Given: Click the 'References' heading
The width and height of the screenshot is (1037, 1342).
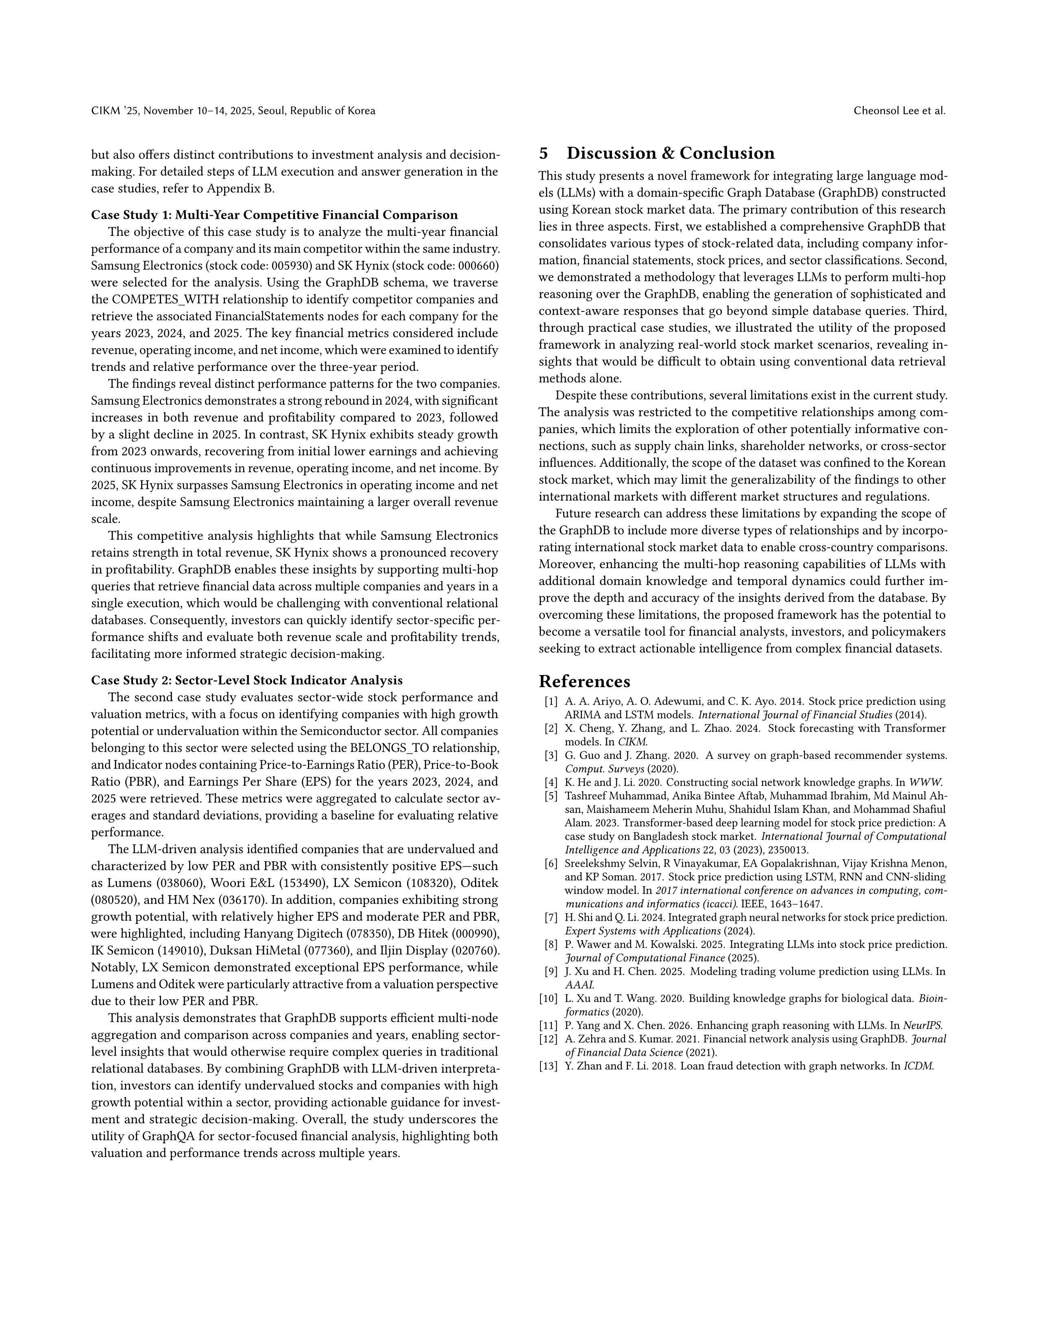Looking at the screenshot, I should coord(584,682).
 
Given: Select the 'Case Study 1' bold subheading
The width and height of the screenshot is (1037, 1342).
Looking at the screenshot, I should coord(274,215).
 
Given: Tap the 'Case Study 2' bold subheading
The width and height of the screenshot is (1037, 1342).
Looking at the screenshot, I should coord(247,680).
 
